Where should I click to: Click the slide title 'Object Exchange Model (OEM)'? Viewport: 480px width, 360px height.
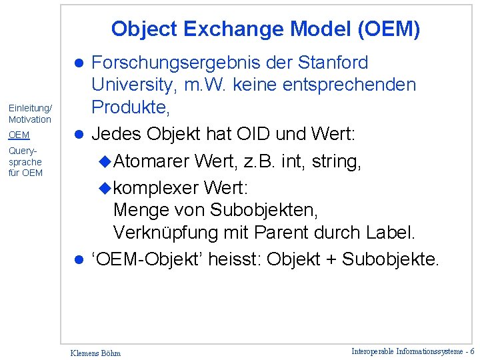(265, 29)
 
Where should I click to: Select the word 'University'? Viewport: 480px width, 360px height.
(135, 85)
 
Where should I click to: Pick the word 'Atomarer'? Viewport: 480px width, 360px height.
(153, 161)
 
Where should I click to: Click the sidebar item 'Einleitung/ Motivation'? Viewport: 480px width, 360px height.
(30, 114)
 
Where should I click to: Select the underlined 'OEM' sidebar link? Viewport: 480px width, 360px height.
(19, 135)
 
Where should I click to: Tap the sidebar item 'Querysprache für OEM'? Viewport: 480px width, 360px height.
(25, 162)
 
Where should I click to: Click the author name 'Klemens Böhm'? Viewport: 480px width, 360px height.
(95, 353)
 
